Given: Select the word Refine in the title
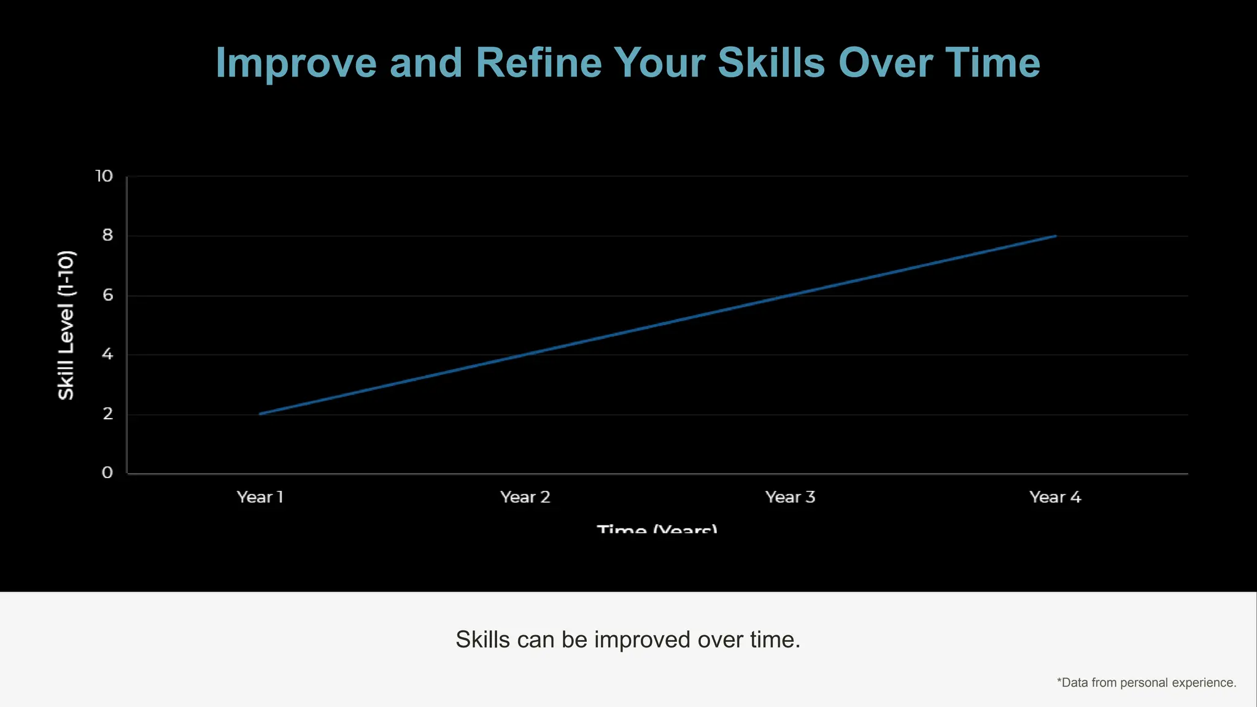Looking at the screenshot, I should point(538,63).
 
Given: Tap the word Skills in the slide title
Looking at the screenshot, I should point(771,63).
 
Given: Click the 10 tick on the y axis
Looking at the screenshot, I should point(104,176).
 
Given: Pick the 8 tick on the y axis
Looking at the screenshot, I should point(107,236).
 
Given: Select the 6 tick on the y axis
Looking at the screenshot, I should point(108,295).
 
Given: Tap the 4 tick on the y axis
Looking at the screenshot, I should point(107,354).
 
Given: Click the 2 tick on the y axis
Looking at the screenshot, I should point(108,414).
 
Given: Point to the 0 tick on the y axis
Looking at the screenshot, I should point(107,473).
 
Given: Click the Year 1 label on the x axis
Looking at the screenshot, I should point(260,497).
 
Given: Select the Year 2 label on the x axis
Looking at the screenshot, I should point(525,497).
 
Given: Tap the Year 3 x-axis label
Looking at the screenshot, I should point(791,497).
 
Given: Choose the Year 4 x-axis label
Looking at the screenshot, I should point(1055,497).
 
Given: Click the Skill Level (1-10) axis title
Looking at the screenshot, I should point(66,325).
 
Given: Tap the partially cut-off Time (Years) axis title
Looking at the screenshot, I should point(657,528).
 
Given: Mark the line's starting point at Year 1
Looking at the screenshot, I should point(260,414).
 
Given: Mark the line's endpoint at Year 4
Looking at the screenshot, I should point(1055,236).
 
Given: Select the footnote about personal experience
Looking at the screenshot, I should point(1146,682).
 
